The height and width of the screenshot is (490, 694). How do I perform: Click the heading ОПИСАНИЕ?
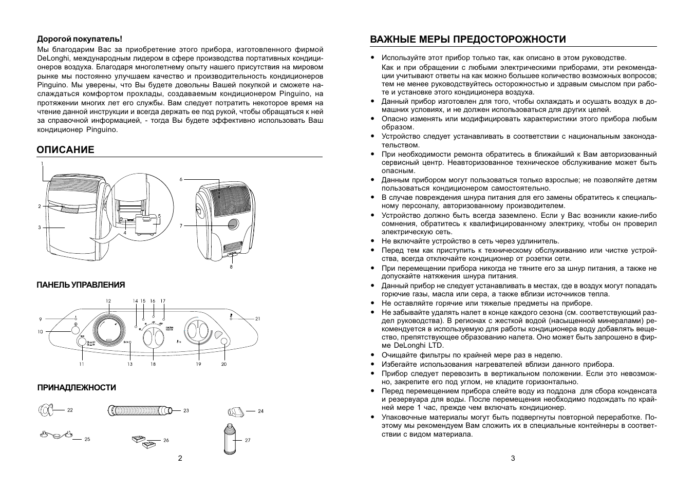65,149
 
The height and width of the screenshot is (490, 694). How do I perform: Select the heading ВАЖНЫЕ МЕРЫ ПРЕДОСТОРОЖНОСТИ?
467,40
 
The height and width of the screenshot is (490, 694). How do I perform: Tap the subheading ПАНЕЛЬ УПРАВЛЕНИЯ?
81,285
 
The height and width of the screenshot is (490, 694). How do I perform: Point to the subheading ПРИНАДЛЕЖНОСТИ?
76,388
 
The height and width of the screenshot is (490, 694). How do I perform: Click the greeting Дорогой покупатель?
80,39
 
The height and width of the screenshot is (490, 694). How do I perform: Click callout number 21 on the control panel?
258,319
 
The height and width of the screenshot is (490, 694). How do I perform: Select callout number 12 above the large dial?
108,300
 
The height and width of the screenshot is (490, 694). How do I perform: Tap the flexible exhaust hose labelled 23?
139,410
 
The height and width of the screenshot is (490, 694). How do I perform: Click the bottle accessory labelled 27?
230,439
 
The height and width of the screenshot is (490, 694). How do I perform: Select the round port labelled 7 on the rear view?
232,224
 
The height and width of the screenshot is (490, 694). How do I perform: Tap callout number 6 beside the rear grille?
181,179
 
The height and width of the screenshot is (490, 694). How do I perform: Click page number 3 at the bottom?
513,458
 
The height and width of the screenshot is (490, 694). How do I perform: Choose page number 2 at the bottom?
180,458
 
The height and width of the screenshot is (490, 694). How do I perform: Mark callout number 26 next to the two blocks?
166,440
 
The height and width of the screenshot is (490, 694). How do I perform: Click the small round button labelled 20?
223,342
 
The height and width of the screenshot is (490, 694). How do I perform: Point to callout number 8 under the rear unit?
231,267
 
